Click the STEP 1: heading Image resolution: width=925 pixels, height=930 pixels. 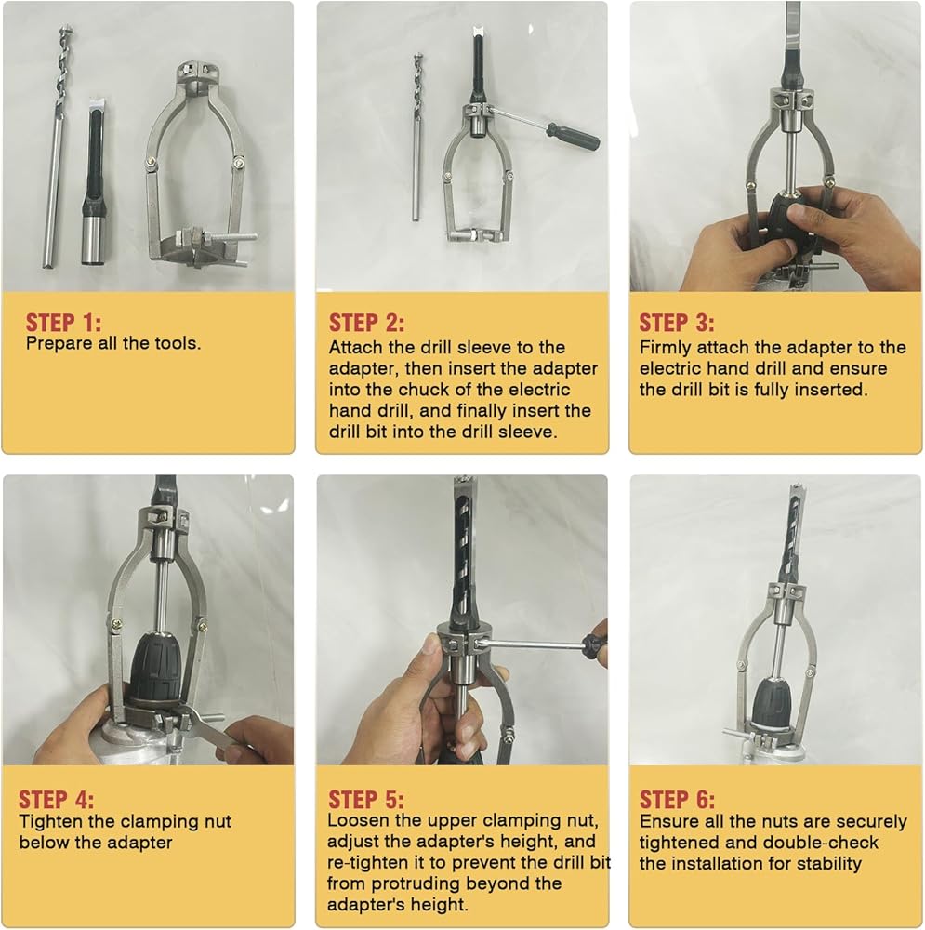coord(63,323)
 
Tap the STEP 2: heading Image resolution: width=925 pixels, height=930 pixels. coord(366,323)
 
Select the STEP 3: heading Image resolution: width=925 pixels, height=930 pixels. coord(677,323)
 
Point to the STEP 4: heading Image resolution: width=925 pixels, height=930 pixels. coord(57,800)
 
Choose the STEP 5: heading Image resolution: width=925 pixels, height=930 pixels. coord(366,800)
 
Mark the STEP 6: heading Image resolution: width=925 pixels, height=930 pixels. coord(677,800)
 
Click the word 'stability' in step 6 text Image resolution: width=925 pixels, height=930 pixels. coord(829,864)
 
